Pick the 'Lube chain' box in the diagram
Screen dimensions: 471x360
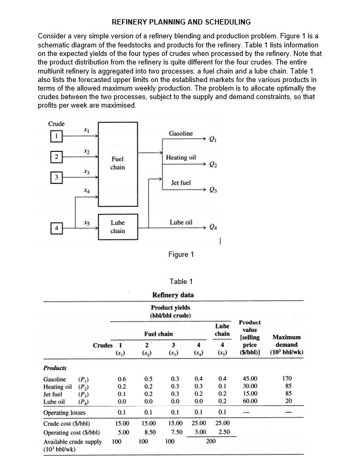pos(118,227)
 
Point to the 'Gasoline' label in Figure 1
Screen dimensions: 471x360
pos(181,133)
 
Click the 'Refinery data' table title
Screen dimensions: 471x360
pos(173,295)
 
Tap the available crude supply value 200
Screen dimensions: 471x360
pos(211,442)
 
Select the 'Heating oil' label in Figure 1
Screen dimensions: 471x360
pos(181,158)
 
